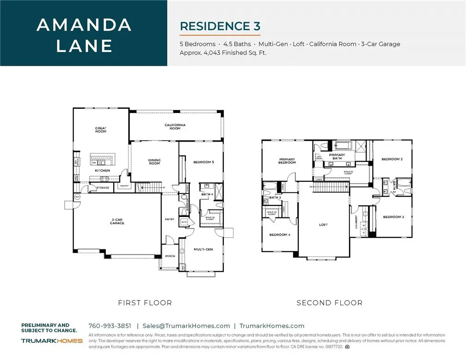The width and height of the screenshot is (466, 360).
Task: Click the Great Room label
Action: [101, 130]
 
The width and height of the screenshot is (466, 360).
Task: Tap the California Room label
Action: [175, 126]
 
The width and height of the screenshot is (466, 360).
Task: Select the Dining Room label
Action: [154, 162]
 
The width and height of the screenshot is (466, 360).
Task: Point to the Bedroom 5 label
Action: [203, 161]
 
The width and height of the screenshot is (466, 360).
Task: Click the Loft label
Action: [323, 225]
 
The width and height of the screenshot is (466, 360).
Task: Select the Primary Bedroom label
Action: [287, 161]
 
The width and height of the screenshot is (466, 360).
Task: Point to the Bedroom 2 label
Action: [392, 159]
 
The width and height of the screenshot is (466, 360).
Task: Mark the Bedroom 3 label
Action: [393, 217]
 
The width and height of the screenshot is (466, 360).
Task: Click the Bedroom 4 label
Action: [280, 235]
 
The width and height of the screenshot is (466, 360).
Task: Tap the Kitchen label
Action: [102, 171]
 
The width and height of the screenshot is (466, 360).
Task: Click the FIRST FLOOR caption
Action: [145, 303]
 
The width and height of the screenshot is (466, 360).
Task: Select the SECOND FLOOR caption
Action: [329, 303]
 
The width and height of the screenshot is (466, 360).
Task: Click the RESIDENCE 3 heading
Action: [220, 26]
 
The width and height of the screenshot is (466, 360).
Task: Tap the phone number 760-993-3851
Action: [110, 326]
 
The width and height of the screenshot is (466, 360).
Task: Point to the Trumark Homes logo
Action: [52, 341]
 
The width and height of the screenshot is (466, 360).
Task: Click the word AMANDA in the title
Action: [84, 25]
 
